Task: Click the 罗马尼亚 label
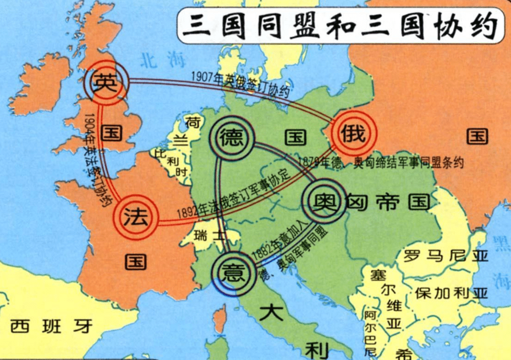click(445, 257)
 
